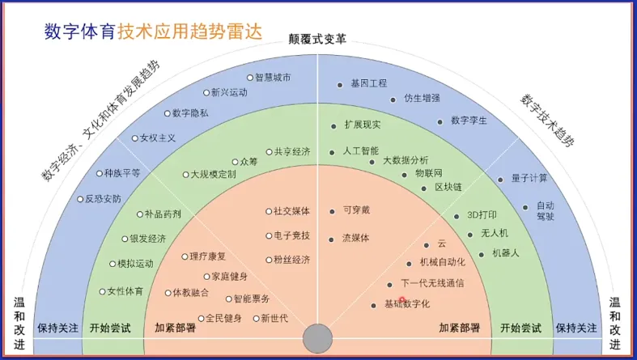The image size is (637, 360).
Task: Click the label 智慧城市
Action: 273,78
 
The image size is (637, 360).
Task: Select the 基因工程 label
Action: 368,83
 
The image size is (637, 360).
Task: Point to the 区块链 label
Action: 448,187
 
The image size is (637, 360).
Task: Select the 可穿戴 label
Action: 356,210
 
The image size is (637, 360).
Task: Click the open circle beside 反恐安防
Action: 79,199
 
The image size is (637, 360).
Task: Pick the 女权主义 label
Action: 157,138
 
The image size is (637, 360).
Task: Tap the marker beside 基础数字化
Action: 374,305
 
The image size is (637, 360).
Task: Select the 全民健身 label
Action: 223,318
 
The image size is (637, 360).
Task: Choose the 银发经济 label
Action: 148,239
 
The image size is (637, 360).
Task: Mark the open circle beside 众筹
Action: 235,162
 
